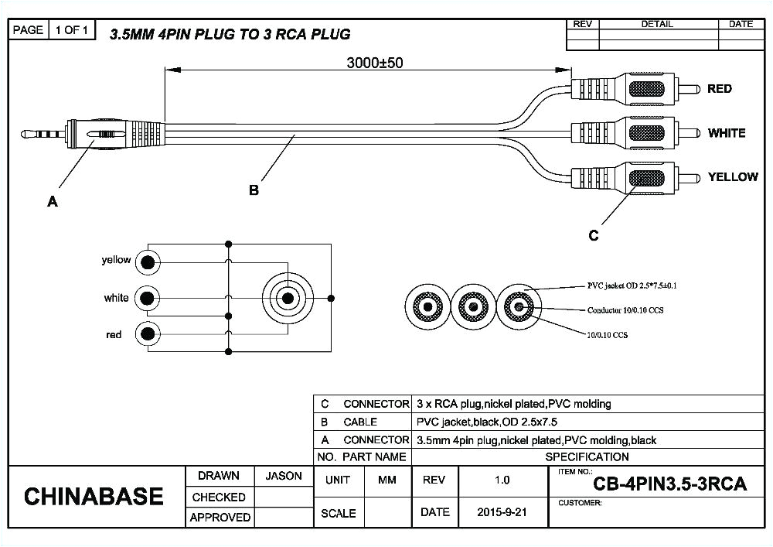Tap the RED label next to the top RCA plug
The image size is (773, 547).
(x=719, y=89)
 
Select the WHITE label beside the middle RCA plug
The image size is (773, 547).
(x=726, y=133)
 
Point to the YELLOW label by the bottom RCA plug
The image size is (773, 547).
(x=732, y=177)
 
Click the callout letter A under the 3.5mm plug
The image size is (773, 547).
(x=52, y=201)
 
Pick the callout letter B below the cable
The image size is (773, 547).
(x=254, y=190)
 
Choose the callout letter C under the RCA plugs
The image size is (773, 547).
(x=593, y=236)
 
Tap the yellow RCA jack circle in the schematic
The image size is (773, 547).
(x=148, y=262)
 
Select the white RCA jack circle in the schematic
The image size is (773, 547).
(x=148, y=298)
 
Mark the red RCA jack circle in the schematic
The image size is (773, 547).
(x=148, y=334)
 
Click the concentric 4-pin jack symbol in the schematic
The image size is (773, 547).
(x=288, y=298)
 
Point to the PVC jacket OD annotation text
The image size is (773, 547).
(x=632, y=285)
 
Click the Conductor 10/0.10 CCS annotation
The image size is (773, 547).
(x=625, y=310)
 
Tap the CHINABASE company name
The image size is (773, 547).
(x=94, y=496)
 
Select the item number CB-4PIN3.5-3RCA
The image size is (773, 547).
(x=669, y=485)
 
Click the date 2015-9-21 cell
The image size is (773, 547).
(x=502, y=512)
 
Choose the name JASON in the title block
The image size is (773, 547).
(x=284, y=476)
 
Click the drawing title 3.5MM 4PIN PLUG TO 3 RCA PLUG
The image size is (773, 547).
(x=230, y=34)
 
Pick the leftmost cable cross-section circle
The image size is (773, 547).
(x=427, y=307)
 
